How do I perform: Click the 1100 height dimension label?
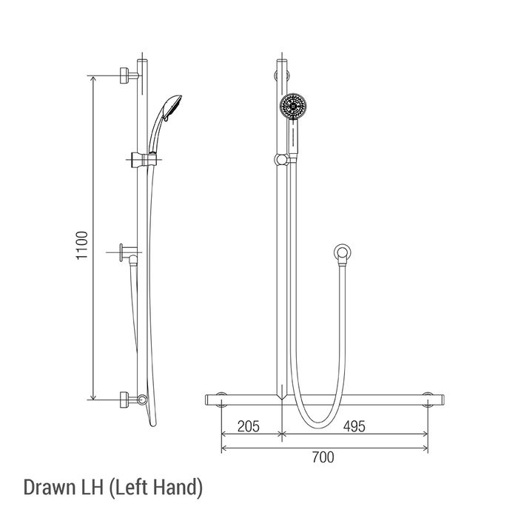pyautogui.click(x=82, y=245)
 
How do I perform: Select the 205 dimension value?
pyautogui.click(x=249, y=426)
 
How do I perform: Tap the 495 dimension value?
pyautogui.click(x=354, y=426)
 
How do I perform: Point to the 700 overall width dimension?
pyautogui.click(x=323, y=457)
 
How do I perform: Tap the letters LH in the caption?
pyautogui.click(x=92, y=487)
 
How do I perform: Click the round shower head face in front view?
pyautogui.click(x=293, y=106)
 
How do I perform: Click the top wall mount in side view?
pyautogui.click(x=129, y=75)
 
